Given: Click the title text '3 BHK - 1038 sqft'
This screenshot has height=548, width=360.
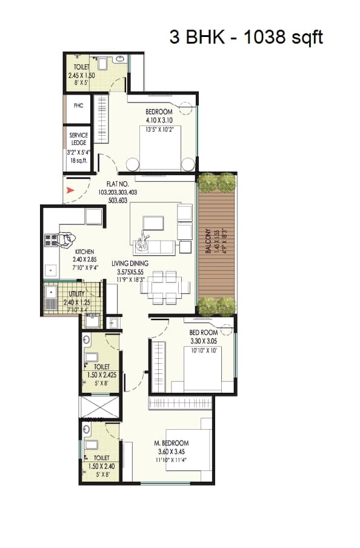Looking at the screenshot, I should click(245, 37).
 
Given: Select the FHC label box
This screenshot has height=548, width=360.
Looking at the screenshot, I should click(78, 105).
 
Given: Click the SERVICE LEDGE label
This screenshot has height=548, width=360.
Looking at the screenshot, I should click(78, 139).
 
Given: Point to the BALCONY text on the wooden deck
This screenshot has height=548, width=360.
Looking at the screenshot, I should click(207, 241).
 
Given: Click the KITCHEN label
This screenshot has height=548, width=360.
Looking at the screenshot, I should click(84, 251).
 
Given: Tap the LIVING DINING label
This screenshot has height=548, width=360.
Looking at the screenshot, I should click(130, 263).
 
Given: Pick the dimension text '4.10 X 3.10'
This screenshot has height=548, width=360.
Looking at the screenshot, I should click(159, 120).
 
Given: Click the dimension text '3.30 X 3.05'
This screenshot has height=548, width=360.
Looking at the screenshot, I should click(203, 341).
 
